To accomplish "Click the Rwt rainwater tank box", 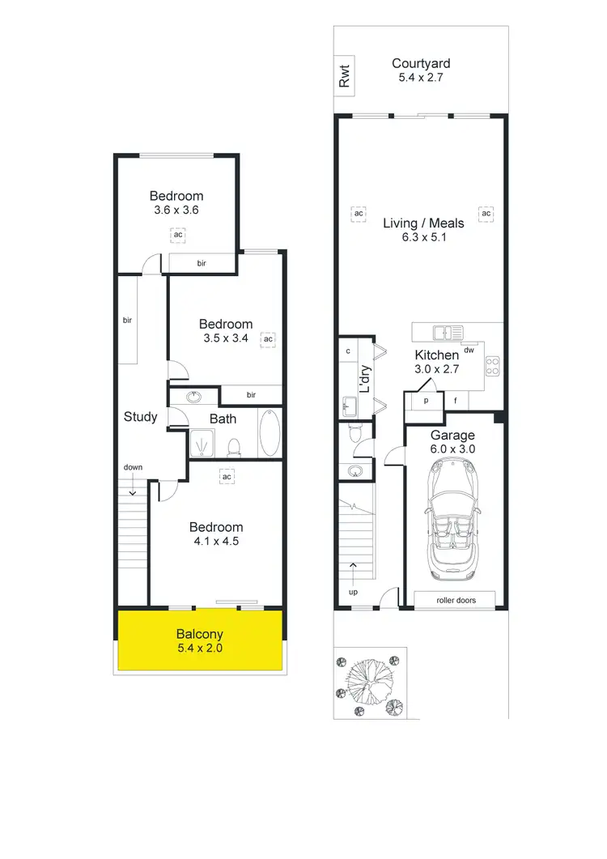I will pyautogui.click(x=345, y=77).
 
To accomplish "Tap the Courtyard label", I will pyautogui.click(x=421, y=63).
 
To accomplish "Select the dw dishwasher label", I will pyautogui.click(x=469, y=350).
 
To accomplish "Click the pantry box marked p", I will pyautogui.click(x=426, y=400).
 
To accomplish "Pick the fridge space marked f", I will pyautogui.click(x=456, y=400).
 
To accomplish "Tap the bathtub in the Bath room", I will pyautogui.click(x=270, y=434).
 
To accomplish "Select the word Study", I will pyautogui.click(x=140, y=417).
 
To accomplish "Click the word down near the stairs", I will pyautogui.click(x=133, y=467).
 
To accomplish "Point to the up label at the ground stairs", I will pyautogui.click(x=353, y=592).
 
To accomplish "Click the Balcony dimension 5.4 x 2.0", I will pyautogui.click(x=200, y=649).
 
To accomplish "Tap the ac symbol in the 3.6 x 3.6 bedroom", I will pyautogui.click(x=177, y=235).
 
